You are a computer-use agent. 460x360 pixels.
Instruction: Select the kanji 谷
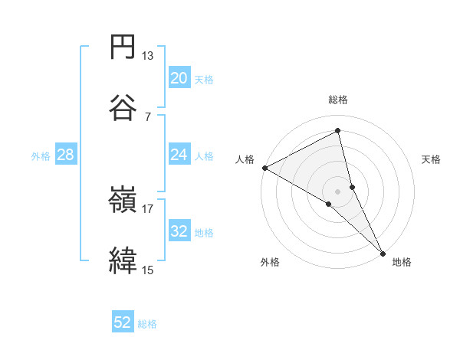(x=123, y=106)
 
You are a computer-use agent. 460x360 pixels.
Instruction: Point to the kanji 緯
(x=123, y=260)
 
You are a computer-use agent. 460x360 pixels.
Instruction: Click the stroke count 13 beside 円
(x=148, y=56)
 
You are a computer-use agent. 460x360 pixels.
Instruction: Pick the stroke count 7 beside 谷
(x=148, y=116)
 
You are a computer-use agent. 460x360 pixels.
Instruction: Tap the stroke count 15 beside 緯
(x=148, y=269)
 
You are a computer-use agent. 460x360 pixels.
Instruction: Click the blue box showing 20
(x=179, y=77)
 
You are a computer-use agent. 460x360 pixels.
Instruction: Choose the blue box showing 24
(x=179, y=154)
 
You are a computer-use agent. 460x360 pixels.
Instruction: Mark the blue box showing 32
(x=179, y=231)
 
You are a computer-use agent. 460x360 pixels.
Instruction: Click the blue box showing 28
(x=66, y=154)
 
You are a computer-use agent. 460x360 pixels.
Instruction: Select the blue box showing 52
(x=123, y=322)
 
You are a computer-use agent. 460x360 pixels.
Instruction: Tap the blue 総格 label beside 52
(x=147, y=324)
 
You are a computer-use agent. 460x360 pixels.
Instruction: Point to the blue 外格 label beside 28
(x=41, y=155)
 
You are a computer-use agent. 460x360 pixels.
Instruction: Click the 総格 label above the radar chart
(x=338, y=100)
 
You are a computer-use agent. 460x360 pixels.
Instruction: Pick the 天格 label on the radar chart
(x=431, y=159)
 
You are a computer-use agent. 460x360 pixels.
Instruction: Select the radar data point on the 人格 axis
(x=264, y=167)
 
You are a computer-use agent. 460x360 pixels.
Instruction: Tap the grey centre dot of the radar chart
(x=338, y=191)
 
